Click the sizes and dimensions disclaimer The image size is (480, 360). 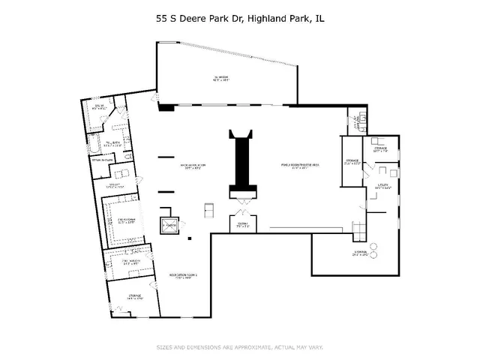(239, 347)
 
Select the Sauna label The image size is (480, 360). (97, 107)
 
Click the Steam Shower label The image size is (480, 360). (102, 160)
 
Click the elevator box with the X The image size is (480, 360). (169, 224)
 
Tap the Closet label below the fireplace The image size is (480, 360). (242, 225)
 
